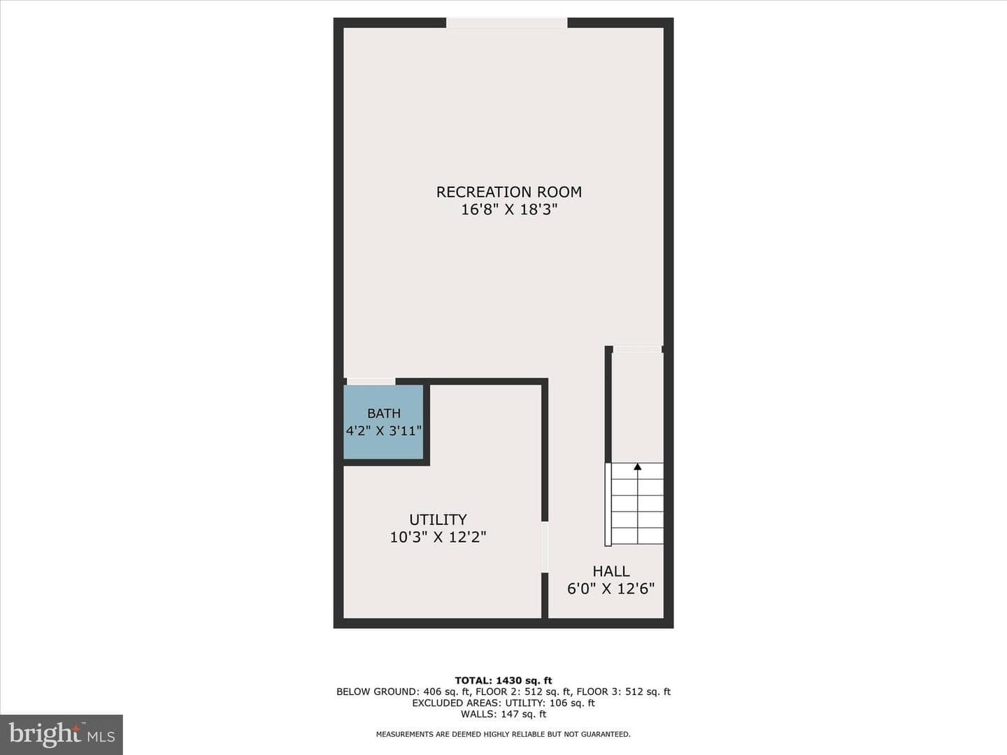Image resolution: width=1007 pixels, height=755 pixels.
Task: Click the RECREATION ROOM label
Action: click(509, 192)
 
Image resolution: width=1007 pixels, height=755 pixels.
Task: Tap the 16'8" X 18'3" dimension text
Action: click(509, 210)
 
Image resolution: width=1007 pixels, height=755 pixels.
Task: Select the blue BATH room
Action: click(383, 422)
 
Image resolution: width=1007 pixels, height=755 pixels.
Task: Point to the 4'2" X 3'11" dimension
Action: click(383, 431)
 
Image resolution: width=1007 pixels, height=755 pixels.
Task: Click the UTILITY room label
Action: click(438, 519)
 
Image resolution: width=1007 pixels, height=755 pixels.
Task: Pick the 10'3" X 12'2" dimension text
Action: click(438, 537)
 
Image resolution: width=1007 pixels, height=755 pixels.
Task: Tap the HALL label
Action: click(611, 571)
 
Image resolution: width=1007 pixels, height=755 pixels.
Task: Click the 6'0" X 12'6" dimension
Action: click(611, 589)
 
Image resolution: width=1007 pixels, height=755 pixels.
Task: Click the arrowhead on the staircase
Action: click(638, 467)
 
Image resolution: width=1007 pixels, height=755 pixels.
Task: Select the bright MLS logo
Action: click(62, 735)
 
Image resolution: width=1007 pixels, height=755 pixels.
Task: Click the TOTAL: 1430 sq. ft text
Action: click(503, 681)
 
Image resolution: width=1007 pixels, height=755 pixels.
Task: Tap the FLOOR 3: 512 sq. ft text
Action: click(624, 692)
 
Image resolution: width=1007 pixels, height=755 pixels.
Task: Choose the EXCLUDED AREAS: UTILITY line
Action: click(503, 703)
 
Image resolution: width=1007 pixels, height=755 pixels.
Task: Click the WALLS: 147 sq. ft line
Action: click(503, 714)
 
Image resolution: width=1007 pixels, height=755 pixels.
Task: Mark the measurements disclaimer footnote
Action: click(503, 734)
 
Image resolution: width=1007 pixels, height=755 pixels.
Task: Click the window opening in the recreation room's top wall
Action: click(507, 23)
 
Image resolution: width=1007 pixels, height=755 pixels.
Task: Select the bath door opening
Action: click(371, 382)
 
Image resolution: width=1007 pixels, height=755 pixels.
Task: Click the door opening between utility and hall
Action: click(545, 547)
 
